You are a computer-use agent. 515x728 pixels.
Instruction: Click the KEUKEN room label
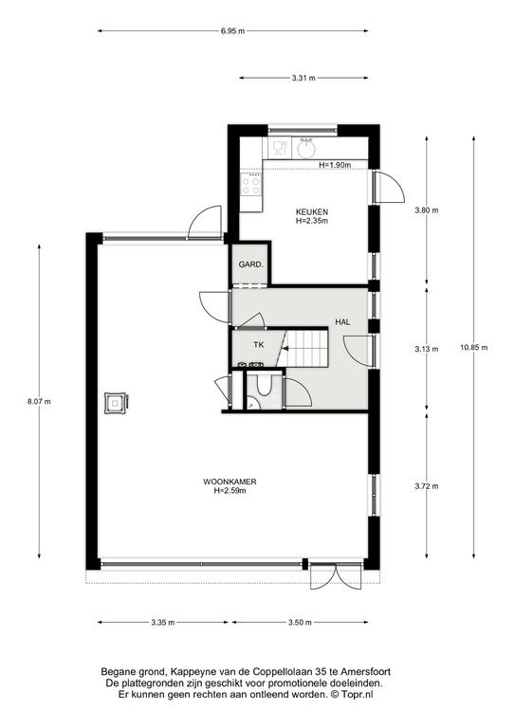(x=312, y=212)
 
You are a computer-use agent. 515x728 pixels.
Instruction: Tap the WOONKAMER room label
(x=230, y=482)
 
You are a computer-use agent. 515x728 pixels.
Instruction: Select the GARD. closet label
(x=250, y=264)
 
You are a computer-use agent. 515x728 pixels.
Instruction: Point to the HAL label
(x=342, y=321)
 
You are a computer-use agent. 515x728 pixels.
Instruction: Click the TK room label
(x=259, y=345)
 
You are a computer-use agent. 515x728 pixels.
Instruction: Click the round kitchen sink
(x=306, y=149)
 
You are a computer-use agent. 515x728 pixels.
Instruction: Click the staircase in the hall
(x=305, y=348)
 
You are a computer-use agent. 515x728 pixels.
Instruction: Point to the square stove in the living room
(x=115, y=403)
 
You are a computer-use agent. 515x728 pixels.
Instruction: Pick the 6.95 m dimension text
(x=232, y=31)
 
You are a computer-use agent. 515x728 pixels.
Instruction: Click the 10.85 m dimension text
(x=473, y=347)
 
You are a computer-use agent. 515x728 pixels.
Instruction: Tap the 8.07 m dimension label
(x=39, y=402)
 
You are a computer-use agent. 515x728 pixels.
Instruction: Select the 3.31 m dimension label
(x=303, y=78)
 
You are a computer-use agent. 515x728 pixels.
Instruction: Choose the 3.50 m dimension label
(x=300, y=623)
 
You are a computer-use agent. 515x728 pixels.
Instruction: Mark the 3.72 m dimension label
(x=426, y=486)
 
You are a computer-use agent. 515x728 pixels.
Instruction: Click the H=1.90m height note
(x=335, y=165)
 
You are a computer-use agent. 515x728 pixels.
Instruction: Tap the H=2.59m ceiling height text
(x=230, y=490)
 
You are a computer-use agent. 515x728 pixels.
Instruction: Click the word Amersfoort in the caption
(x=365, y=671)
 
